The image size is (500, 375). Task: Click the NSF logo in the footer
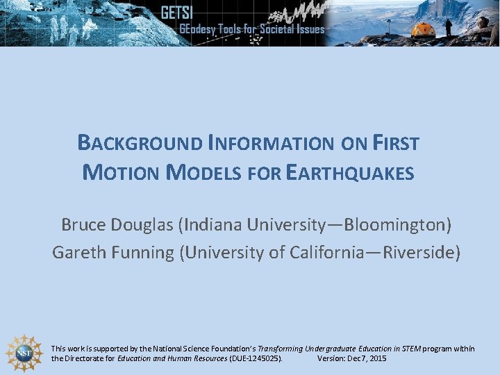(24, 353)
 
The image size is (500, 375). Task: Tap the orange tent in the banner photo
(423, 30)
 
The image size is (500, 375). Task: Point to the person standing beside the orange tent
(449, 27)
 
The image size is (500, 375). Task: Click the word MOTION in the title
(122, 172)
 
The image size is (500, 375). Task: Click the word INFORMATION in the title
(270, 143)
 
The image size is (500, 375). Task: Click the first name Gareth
(77, 252)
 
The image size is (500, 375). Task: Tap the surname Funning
(142, 252)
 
